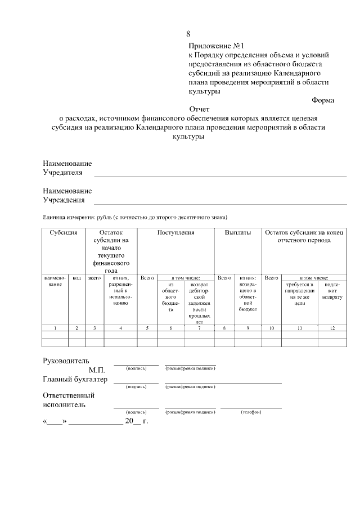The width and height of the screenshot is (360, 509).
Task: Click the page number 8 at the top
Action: (x=188, y=35)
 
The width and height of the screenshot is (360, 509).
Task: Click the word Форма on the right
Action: (x=323, y=101)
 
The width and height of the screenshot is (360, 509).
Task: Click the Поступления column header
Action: (x=176, y=232)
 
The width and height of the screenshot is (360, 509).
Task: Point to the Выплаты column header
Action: (x=238, y=232)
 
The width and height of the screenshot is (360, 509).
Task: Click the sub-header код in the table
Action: (x=77, y=278)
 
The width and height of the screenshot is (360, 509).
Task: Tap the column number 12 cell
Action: (x=332, y=327)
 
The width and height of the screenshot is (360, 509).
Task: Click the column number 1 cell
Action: (x=55, y=327)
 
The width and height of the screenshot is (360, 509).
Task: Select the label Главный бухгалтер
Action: (x=75, y=379)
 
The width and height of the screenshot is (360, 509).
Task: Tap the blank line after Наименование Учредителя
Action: (x=219, y=175)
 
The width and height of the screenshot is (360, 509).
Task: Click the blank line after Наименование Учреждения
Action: (x=219, y=202)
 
